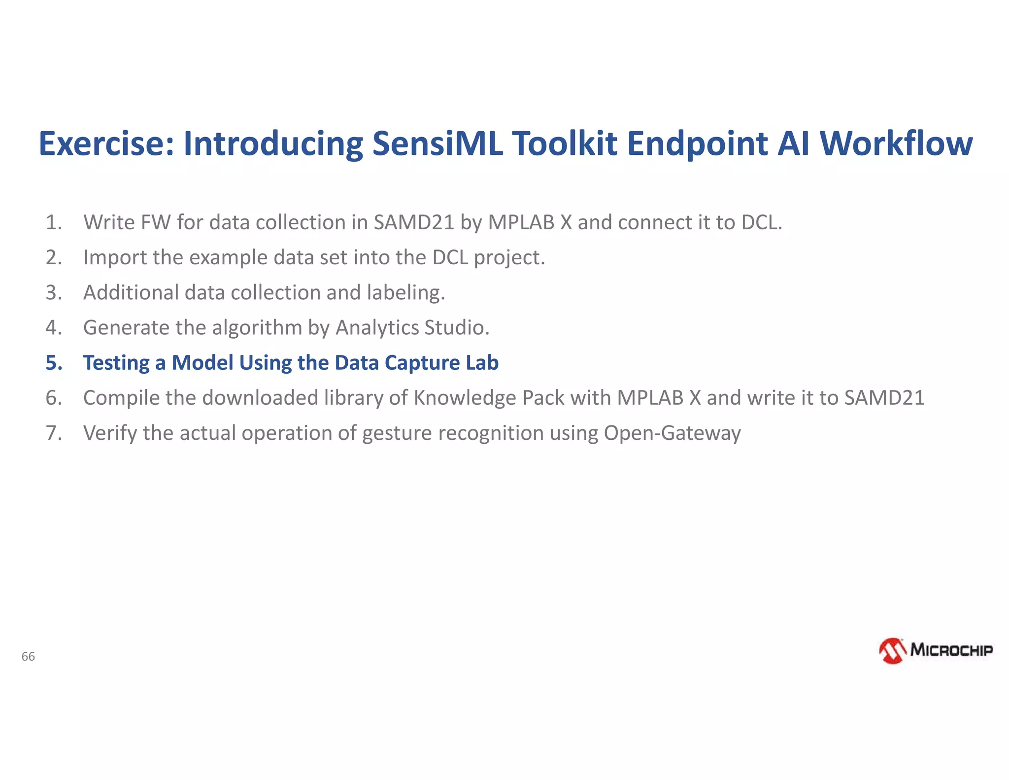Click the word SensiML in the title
[437, 143]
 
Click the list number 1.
[53, 222]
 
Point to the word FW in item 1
[155, 222]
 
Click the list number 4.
[53, 328]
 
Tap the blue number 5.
[54, 363]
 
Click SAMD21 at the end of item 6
[884, 398]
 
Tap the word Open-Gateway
[672, 433]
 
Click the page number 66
[28, 656]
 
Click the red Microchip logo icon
[892, 651]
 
